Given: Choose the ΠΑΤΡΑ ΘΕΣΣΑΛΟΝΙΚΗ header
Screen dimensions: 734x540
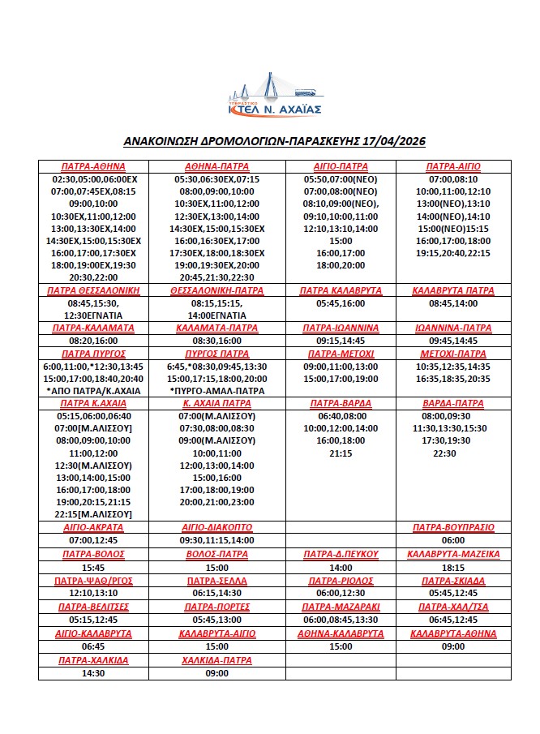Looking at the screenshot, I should tap(93, 290).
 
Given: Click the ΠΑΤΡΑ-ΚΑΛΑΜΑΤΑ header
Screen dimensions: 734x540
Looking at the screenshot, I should tap(93, 328).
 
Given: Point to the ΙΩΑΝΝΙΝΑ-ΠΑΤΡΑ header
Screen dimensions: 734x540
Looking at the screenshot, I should tap(453, 328).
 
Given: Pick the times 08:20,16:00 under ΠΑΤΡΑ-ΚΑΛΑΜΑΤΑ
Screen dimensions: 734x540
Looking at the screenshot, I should tap(93, 341).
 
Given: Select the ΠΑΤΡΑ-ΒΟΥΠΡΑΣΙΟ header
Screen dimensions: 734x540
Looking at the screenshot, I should tap(453, 527).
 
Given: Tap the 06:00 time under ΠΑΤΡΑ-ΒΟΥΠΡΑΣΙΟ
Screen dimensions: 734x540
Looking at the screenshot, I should tap(453, 540).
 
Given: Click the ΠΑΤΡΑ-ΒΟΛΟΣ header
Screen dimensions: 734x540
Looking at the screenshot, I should tap(93, 555).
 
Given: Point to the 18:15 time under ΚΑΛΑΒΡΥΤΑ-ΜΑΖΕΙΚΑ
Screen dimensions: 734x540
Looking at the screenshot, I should tap(453, 568).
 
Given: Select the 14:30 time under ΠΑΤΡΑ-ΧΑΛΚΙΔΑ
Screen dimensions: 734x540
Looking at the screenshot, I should tap(93, 673).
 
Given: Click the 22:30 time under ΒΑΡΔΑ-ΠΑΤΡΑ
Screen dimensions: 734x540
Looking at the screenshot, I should tap(453, 453).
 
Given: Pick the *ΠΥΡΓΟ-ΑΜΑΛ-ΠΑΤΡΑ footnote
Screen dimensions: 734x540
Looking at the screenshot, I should tap(216, 390).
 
